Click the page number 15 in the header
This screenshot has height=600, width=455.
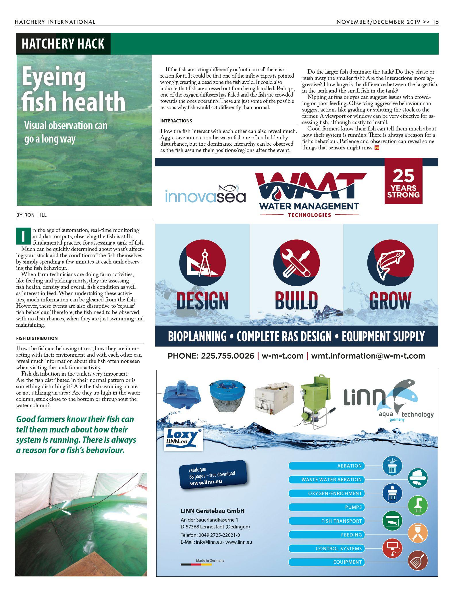click(435, 22)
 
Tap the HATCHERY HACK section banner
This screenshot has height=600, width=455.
click(63, 44)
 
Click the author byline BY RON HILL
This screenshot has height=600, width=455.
click(31, 215)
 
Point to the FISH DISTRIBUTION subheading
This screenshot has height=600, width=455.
click(37, 338)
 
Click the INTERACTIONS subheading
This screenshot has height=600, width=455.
click(176, 121)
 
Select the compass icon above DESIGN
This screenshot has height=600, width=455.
click(203, 263)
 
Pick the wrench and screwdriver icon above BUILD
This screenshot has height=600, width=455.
click(296, 263)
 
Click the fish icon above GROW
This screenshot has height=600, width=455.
click(390, 263)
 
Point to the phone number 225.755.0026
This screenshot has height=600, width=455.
click(227, 356)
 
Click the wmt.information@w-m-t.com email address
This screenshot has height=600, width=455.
click(368, 356)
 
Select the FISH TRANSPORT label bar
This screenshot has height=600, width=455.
click(327, 521)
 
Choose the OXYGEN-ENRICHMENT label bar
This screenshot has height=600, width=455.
click(327, 493)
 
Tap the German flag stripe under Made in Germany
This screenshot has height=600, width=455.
click(196, 564)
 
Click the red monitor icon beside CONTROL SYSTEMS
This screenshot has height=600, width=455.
click(392, 548)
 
